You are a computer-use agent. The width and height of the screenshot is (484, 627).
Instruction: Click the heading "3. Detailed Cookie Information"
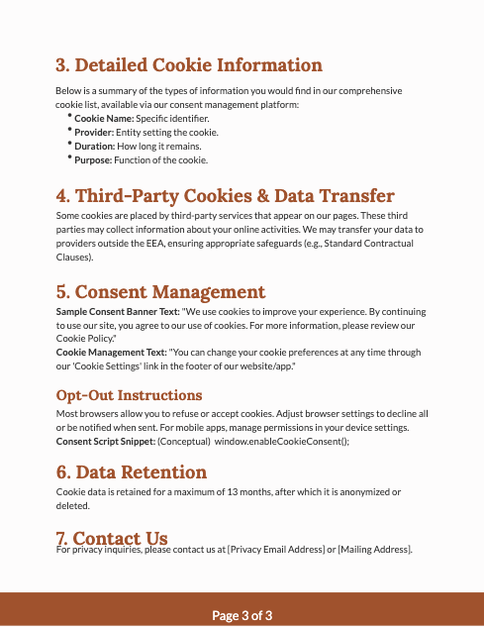point(189,65)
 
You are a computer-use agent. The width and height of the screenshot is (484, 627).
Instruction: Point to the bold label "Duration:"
point(95,146)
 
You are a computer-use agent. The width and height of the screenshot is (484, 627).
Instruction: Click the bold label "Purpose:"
point(93,159)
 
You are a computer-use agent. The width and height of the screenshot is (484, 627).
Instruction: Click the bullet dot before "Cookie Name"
point(69,116)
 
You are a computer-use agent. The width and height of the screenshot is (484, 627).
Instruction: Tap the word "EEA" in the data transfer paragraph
point(171,243)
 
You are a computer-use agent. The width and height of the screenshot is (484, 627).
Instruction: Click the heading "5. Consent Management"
point(160,291)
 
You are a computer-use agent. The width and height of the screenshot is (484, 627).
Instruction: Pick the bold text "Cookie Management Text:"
point(110,353)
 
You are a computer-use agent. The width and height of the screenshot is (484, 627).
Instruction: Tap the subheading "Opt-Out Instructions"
point(129,395)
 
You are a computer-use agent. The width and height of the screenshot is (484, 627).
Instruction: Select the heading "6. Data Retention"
point(131,471)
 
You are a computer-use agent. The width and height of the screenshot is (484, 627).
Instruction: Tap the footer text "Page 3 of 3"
point(242,615)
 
